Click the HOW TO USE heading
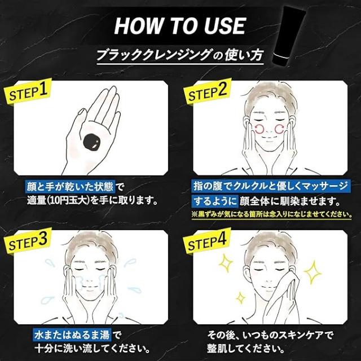[180, 26]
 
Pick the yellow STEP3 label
[28, 241]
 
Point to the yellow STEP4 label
[207, 241]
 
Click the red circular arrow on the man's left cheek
[259, 129]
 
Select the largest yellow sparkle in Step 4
[312, 272]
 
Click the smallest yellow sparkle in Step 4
[240, 298]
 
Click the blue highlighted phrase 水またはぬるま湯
[72, 335]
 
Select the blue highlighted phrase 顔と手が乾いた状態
[70, 187]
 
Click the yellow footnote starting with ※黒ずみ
[272, 214]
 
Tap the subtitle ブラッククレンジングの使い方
[180, 56]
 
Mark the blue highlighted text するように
[215, 201]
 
